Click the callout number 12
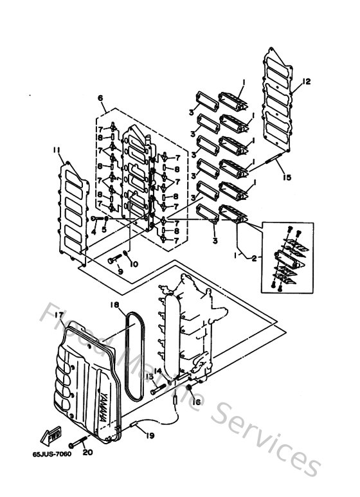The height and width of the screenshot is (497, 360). click(x=307, y=82)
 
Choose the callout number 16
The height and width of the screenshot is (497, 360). click(x=197, y=401)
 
